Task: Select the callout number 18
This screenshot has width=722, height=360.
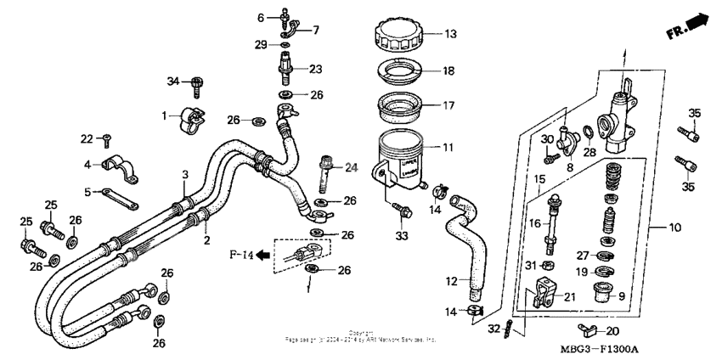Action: click(x=449, y=71)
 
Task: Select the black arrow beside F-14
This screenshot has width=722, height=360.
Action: click(x=264, y=253)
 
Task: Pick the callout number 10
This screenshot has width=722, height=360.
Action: click(x=676, y=228)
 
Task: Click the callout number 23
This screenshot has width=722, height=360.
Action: click(x=315, y=70)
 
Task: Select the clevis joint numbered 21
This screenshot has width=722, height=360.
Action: click(x=541, y=297)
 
